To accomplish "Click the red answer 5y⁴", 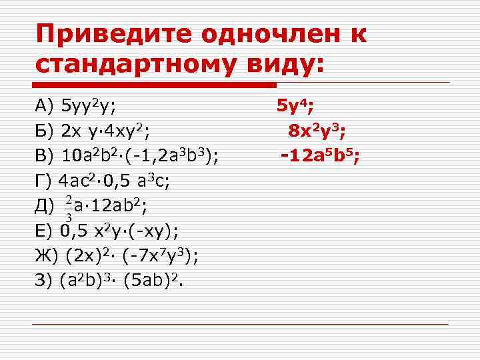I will point(296,105).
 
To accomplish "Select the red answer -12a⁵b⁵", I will point(321,156).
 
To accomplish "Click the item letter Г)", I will point(43,181).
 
